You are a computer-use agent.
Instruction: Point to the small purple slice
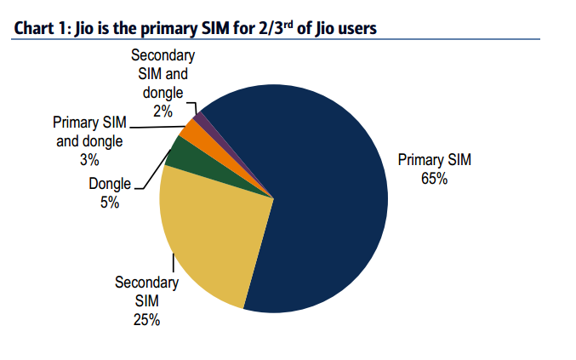coord(201,117)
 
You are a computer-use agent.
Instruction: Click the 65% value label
coord(433,179)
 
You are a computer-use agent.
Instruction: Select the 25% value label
coord(146,320)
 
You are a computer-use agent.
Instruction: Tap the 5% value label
coord(110,203)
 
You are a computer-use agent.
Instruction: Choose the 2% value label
coord(163,111)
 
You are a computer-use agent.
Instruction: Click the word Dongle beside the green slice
coord(110,184)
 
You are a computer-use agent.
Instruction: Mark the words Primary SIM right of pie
coord(433,159)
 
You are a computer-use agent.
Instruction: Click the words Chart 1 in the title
coord(39,28)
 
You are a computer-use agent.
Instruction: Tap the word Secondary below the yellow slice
coord(146,282)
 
